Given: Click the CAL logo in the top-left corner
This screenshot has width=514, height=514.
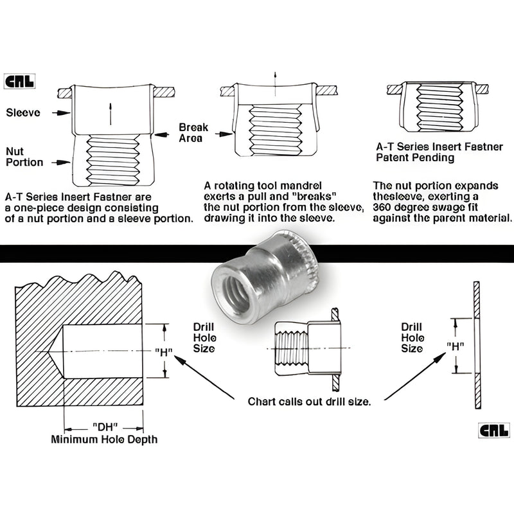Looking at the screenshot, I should point(22,83).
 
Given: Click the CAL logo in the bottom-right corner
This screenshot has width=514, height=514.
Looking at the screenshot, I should point(493,430).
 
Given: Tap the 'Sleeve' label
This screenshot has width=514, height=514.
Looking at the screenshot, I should point(23,112).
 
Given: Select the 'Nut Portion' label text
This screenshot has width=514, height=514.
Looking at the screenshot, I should point(24,156).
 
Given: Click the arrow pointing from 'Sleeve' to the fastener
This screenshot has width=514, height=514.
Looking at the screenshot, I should point(60,112).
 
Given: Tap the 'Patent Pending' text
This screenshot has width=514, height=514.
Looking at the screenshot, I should point(415,157).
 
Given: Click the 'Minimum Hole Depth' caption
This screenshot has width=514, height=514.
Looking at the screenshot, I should point(103,439).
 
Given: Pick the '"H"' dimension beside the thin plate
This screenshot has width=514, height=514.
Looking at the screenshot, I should point(456,345).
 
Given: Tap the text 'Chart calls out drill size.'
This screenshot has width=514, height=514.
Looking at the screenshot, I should point(309,402).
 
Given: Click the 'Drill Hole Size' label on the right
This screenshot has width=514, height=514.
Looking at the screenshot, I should point(412,337).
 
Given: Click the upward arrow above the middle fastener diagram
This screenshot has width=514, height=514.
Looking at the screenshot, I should point(275,76).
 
